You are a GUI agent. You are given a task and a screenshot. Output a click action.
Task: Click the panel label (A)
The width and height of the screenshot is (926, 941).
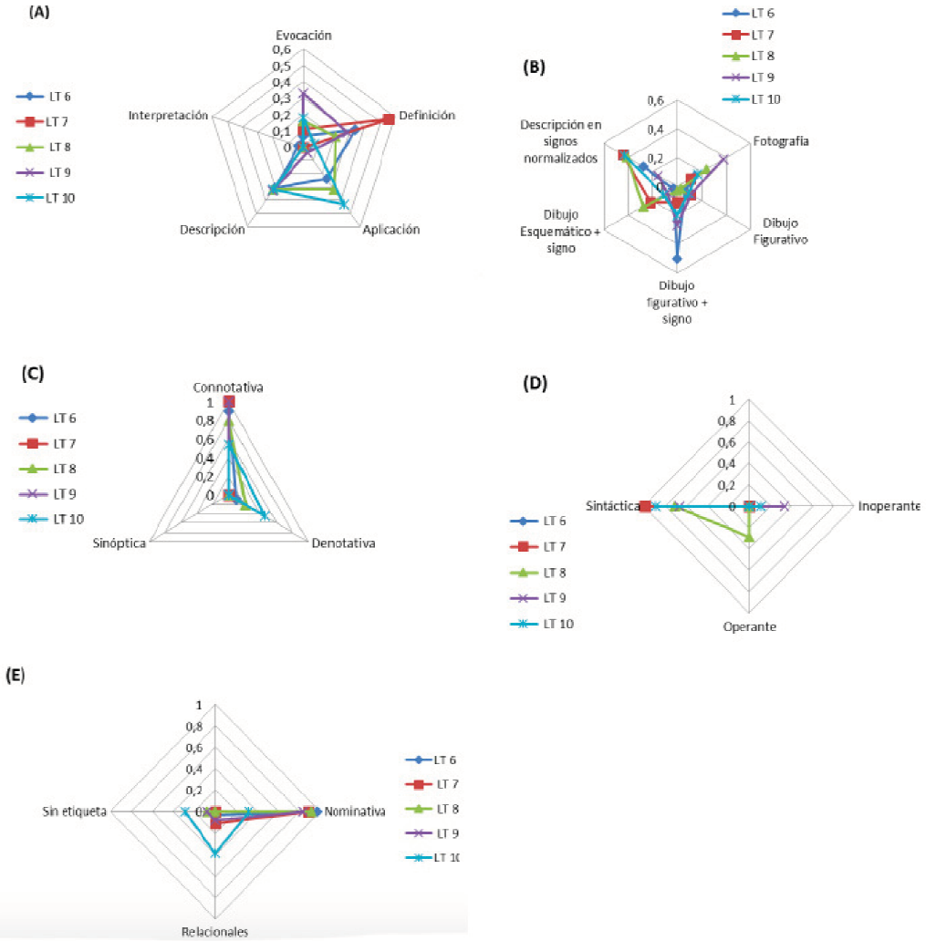pos(37,12)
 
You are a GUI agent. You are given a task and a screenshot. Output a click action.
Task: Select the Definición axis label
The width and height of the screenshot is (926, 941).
pos(427,116)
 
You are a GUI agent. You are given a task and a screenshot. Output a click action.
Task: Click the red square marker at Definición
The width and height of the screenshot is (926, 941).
pos(390,119)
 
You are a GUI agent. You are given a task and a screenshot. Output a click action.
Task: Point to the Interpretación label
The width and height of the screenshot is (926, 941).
pos(171,116)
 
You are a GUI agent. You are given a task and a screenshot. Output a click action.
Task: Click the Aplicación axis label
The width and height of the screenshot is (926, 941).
pos(390,230)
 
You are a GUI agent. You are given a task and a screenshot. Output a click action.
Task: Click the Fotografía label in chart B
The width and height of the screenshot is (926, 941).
pos(781,141)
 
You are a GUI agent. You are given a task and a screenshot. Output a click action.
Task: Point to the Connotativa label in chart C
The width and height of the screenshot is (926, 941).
pos(228,388)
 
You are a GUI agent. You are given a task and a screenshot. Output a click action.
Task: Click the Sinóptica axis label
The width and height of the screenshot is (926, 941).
pos(120,543)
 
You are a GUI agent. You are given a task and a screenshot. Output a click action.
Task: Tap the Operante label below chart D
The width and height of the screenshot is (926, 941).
pos(748,627)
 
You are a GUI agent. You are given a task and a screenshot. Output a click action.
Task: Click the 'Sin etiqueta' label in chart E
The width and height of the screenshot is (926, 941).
pos(76,811)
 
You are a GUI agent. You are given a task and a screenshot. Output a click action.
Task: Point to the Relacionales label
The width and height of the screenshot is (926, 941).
pos(214,932)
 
